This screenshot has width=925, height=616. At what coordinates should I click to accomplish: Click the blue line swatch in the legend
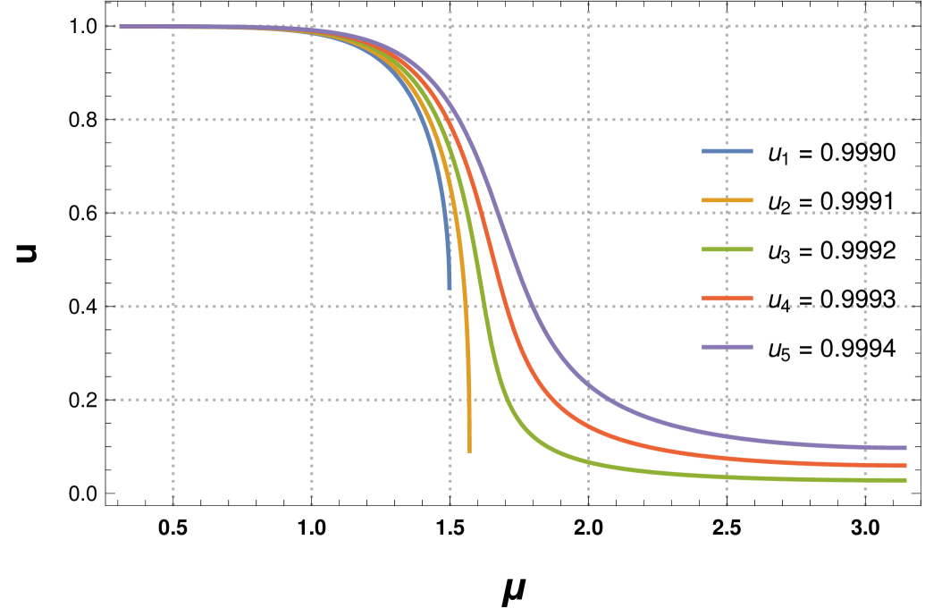(727, 151)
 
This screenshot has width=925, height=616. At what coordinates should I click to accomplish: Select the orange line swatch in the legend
(727, 200)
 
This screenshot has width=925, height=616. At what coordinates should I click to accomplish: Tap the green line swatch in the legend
(727, 249)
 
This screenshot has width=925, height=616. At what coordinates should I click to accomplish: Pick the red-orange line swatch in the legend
(727, 298)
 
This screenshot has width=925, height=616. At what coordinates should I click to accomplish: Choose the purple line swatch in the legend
(727, 347)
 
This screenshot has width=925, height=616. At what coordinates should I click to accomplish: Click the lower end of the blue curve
(450, 289)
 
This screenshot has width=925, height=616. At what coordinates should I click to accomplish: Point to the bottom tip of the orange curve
(469, 451)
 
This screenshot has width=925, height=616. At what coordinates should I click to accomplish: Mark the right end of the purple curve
(906, 448)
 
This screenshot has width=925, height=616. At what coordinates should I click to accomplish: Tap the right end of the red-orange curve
(906, 465)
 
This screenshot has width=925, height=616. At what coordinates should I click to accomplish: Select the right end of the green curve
(906, 480)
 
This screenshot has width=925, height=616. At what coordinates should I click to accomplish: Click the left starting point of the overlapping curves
(121, 27)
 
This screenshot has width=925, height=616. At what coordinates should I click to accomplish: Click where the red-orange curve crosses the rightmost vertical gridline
(865, 464)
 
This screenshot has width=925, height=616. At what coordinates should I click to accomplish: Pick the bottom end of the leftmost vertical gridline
(173, 504)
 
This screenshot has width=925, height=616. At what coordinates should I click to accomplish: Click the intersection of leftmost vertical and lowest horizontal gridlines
(173, 400)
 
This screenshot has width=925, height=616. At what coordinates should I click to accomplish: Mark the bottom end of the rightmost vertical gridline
(865, 504)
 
